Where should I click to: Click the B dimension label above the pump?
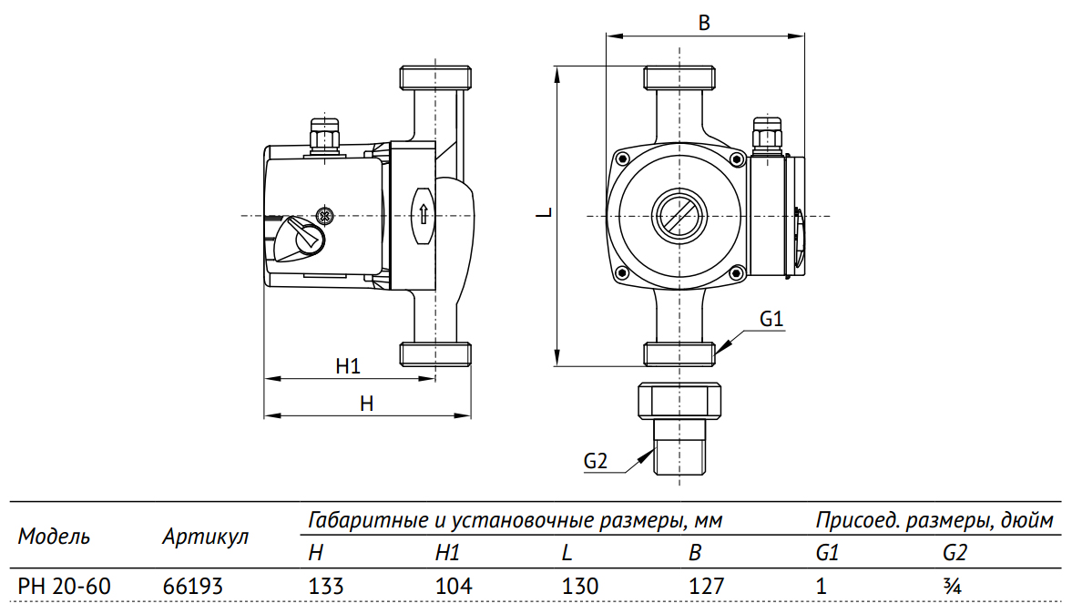pos(703,24)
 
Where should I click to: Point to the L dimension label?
pos(543,213)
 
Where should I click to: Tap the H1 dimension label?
pos(348,366)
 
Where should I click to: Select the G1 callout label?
pos(771,320)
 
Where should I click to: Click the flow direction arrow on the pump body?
pos(424,216)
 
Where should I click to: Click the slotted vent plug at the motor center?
pos(678,215)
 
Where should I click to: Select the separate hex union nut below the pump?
pos(679,400)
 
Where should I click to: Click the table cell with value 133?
pos(327,586)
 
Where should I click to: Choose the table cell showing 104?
pos(454,586)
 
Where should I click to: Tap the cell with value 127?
pos(707,586)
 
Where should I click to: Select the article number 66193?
pos(192,586)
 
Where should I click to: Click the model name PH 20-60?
pos(65,586)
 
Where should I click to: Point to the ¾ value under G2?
pos(953,586)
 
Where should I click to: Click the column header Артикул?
pos(205,537)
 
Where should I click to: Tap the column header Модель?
pos(54,537)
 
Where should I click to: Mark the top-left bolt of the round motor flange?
pos(622,159)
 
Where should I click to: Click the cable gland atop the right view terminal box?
pos(767,133)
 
